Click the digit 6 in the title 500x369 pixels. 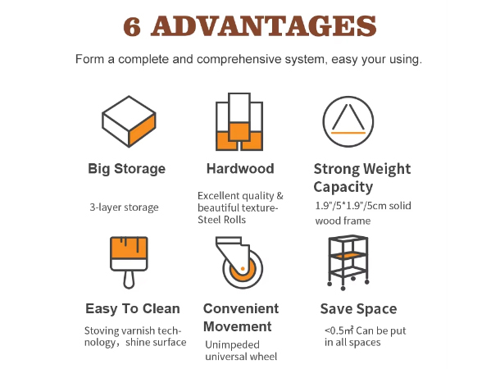coord(132,26)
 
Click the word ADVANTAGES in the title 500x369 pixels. coord(264,26)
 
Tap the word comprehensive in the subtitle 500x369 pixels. coord(239,59)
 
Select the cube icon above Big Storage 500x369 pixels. coord(129,121)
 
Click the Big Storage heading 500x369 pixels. coord(126,169)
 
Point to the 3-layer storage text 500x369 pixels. coord(124,207)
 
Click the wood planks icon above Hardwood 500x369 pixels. coord(239,121)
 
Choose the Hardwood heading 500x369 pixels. coord(240,168)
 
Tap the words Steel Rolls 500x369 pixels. coord(221,220)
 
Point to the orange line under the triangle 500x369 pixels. coord(348,133)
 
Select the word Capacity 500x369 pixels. coord(343,187)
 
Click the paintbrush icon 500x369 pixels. coord(129,262)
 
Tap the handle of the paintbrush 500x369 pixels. coord(129,280)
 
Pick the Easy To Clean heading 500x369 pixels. coord(133,308)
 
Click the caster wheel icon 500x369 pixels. coord(239,262)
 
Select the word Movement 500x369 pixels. coord(238,326)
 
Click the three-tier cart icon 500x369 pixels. coord(348,262)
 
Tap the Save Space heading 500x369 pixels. coord(358,308)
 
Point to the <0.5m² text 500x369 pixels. coord(339,330)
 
